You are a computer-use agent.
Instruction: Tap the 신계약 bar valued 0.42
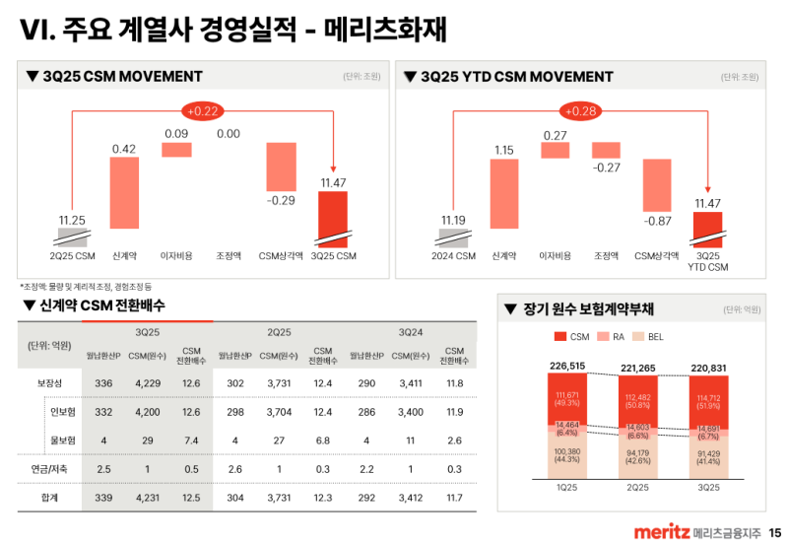124,192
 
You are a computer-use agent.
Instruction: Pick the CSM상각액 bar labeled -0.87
657,181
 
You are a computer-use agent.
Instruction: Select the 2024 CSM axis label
452,256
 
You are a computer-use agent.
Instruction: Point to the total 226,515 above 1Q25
567,367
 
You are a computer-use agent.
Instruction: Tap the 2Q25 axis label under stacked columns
637,487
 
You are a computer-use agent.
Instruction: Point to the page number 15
774,531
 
